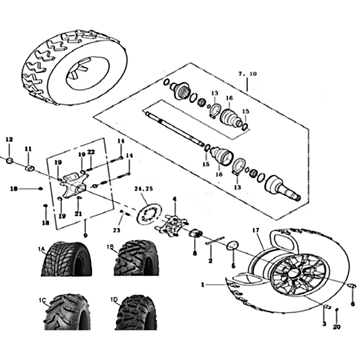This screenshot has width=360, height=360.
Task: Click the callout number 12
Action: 9,139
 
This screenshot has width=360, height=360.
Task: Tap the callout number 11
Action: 28,149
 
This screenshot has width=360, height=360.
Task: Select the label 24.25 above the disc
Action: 144,189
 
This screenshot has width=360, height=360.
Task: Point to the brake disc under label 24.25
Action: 149,213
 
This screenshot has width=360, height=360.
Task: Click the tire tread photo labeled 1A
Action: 67,259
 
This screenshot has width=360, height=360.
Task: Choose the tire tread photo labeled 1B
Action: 136,258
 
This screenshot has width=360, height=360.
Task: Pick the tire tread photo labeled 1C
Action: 67,311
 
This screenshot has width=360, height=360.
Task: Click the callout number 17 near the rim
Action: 256,230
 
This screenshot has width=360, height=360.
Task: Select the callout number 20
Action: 337,327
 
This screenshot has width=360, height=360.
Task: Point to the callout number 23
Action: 117,230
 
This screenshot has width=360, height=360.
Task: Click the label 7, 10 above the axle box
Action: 247,74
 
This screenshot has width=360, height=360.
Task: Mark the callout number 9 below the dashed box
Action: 85,235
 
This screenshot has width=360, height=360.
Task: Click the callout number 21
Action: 78,214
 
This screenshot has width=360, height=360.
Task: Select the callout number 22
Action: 91,152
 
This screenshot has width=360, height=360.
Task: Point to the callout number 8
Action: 195,253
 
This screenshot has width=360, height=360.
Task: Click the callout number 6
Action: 353,304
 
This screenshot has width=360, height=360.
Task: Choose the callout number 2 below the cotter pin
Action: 210,261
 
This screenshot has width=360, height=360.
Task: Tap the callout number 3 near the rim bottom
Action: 324,324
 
